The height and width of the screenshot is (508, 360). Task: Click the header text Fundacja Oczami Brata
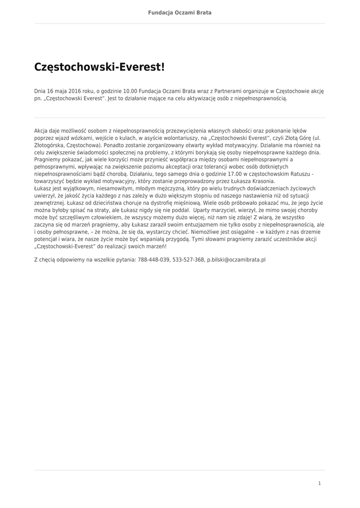pyautogui.click(x=180, y=12)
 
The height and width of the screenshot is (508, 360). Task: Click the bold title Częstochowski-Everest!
pyautogui.click(x=99, y=66)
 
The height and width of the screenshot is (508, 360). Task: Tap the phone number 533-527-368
pyautogui.click(x=188, y=259)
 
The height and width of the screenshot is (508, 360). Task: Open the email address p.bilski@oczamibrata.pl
pyautogui.click(x=236, y=259)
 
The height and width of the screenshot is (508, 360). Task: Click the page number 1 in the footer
pyautogui.click(x=320, y=483)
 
